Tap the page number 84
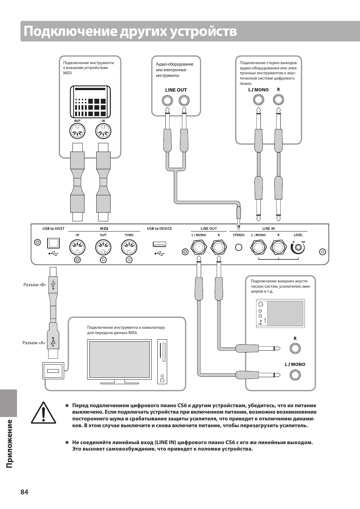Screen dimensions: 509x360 pos(24,492)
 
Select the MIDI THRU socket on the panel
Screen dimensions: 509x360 pos(129,248)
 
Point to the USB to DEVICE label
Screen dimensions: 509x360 pos(159,228)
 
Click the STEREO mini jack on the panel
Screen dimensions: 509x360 pos(238,248)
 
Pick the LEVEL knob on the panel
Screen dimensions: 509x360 pos(298,248)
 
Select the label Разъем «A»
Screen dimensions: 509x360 pos(34,343)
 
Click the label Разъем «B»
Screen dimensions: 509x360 pos(34,285)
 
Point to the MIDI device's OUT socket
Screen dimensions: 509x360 pos(77,132)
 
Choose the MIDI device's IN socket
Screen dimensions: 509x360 pos(103,132)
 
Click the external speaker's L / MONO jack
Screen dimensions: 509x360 pos(295,375)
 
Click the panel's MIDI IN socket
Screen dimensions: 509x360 pos(77,248)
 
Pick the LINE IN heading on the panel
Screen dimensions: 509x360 pos(268,228)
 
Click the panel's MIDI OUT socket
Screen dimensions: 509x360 pos(103,248)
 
